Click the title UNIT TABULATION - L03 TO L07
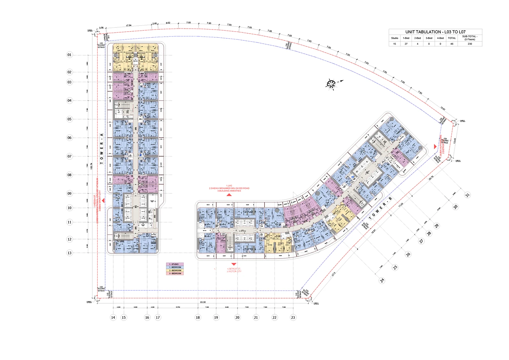[x=435, y=32]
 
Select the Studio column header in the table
[x=394, y=38]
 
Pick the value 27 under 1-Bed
[x=406, y=44]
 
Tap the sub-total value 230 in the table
[x=470, y=44]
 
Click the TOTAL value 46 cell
[x=452, y=44]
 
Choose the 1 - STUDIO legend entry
[x=175, y=264]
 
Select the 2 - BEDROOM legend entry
[x=175, y=270]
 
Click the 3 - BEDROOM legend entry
[x=175, y=273]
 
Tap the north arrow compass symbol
[x=332, y=84]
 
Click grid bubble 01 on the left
[x=70, y=55]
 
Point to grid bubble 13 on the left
[x=70, y=253]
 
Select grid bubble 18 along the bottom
[x=198, y=318]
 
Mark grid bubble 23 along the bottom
[x=293, y=318]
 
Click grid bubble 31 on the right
[x=467, y=195]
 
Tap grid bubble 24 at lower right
[x=382, y=281]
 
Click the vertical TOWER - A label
[x=101, y=149]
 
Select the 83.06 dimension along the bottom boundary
[x=203, y=302]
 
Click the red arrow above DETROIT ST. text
[x=233, y=264]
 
